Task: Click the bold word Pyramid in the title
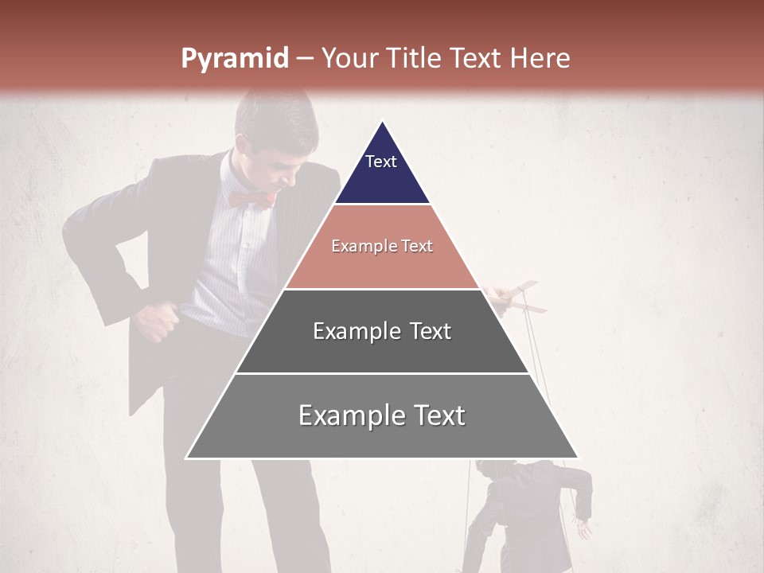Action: (x=234, y=59)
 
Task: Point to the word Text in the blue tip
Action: (x=381, y=162)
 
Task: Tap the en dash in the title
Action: (x=305, y=59)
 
